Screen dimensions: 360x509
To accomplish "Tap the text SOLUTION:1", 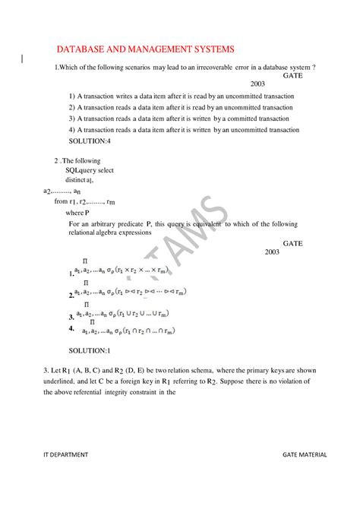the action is tap(90, 350).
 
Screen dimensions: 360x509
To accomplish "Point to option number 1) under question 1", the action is tap(71, 96).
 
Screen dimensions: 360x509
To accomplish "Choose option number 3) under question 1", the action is tap(71, 119).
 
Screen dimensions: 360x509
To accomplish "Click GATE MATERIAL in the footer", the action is tap(304, 454).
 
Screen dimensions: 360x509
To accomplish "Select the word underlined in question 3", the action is tap(61, 381).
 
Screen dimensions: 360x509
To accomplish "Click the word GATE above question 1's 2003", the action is tap(292, 76).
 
